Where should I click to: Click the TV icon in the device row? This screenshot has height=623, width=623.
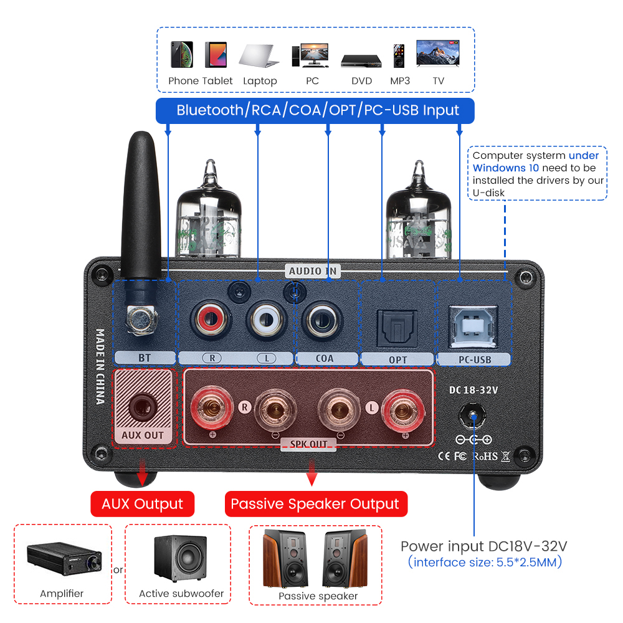pos(439,54)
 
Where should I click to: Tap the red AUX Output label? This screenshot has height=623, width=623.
pos(143,503)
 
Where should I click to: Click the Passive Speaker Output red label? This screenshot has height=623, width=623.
pos(315,503)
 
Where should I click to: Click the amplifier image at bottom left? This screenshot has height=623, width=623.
pos(62,558)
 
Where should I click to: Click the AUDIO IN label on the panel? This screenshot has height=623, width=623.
pos(313,270)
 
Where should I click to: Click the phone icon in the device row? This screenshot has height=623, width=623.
pos(181,55)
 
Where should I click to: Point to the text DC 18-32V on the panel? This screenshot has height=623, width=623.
pos(473,390)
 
